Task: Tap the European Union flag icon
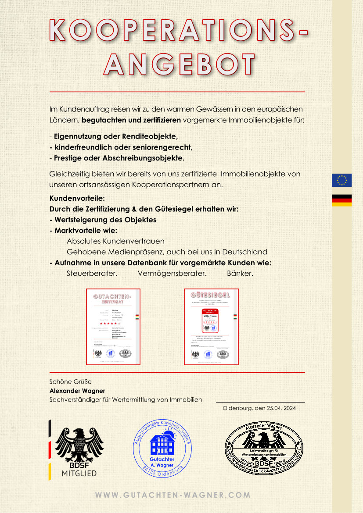341,180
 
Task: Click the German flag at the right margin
341,200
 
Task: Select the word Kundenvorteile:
77,198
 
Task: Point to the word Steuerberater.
92,274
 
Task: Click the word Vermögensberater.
172,274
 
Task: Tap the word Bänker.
240,274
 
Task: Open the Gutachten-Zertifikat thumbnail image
113,327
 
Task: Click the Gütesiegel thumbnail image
211,327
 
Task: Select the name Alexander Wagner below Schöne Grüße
77,391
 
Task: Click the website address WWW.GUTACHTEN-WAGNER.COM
173,495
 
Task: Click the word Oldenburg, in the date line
237,408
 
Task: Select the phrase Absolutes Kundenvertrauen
115,241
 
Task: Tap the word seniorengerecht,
167,147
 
